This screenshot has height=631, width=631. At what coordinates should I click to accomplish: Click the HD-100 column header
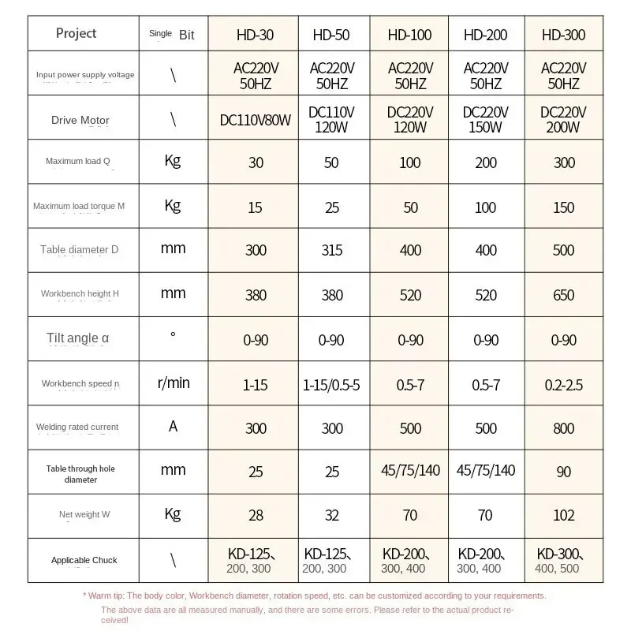(x=410, y=35)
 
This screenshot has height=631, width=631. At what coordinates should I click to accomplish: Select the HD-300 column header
(x=563, y=35)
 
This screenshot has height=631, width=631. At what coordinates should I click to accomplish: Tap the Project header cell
(x=77, y=33)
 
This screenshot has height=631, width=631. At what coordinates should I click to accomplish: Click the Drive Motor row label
(x=80, y=120)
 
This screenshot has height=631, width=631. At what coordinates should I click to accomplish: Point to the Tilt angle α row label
(x=78, y=338)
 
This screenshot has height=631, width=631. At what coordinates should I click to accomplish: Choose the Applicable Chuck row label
(x=84, y=560)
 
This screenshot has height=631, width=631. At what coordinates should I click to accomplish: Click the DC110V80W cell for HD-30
(x=256, y=120)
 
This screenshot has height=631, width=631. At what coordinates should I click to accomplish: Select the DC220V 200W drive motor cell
(x=563, y=119)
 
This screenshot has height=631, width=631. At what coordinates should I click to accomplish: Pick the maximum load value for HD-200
(x=486, y=162)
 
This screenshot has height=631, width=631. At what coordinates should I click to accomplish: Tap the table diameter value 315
(x=332, y=250)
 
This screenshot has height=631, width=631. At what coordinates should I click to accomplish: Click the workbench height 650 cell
(x=563, y=295)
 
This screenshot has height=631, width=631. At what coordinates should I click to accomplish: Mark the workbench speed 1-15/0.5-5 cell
(x=332, y=385)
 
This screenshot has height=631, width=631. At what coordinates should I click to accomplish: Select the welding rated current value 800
(x=563, y=428)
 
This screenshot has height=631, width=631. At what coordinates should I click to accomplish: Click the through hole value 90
(x=563, y=472)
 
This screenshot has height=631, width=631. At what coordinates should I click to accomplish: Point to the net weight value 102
(x=563, y=515)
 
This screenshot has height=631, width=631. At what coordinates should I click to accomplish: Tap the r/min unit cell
(x=174, y=383)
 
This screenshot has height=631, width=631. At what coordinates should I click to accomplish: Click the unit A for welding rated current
(x=173, y=427)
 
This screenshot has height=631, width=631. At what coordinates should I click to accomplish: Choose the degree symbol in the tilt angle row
(x=173, y=335)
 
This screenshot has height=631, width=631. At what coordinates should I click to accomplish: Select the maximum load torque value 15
(x=255, y=207)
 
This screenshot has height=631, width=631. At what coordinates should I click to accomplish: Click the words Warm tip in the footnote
(x=105, y=596)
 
